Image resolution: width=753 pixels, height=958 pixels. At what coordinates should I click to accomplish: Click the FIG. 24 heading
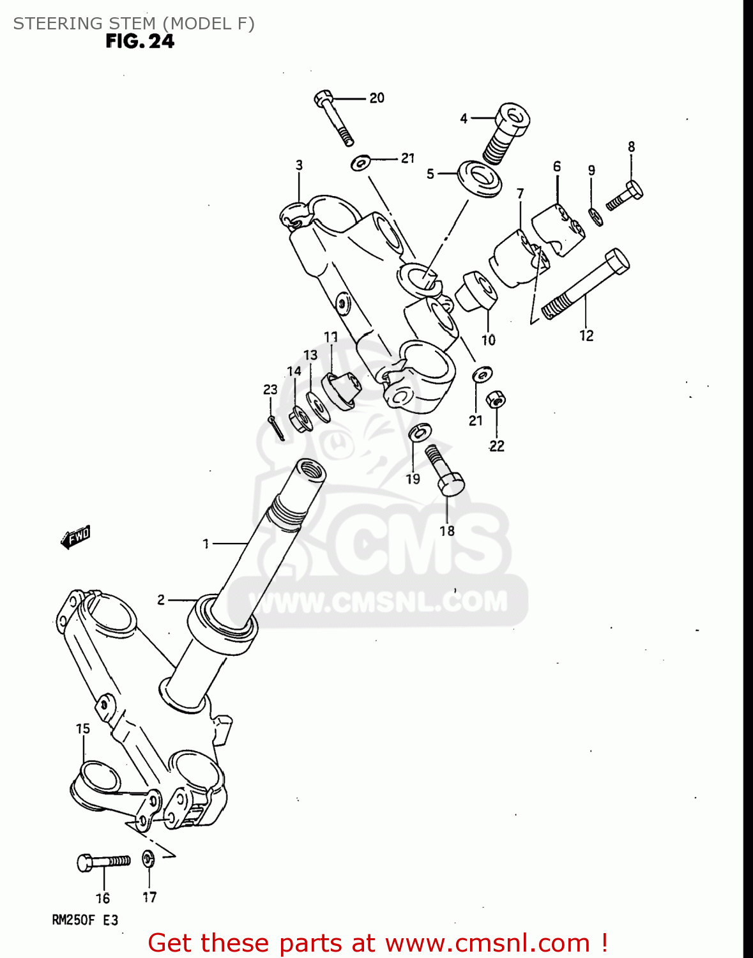(140, 42)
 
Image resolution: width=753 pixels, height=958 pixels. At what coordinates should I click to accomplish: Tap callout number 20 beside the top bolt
(377, 98)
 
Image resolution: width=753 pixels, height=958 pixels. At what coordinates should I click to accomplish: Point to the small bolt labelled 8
(625, 194)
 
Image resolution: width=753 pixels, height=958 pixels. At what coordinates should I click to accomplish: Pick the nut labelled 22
(496, 400)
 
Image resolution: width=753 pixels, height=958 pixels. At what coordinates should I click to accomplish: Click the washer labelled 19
(418, 432)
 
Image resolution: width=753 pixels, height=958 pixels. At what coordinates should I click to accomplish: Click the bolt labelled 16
(103, 862)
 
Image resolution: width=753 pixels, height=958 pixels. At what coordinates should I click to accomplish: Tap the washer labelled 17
(148, 858)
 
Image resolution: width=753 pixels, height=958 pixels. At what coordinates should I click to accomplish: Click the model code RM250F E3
(85, 920)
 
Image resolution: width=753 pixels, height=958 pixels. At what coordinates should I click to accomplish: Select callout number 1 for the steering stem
(206, 544)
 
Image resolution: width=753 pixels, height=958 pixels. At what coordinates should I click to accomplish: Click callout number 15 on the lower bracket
(83, 729)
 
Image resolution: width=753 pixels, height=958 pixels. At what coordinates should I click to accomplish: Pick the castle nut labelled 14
(298, 419)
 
